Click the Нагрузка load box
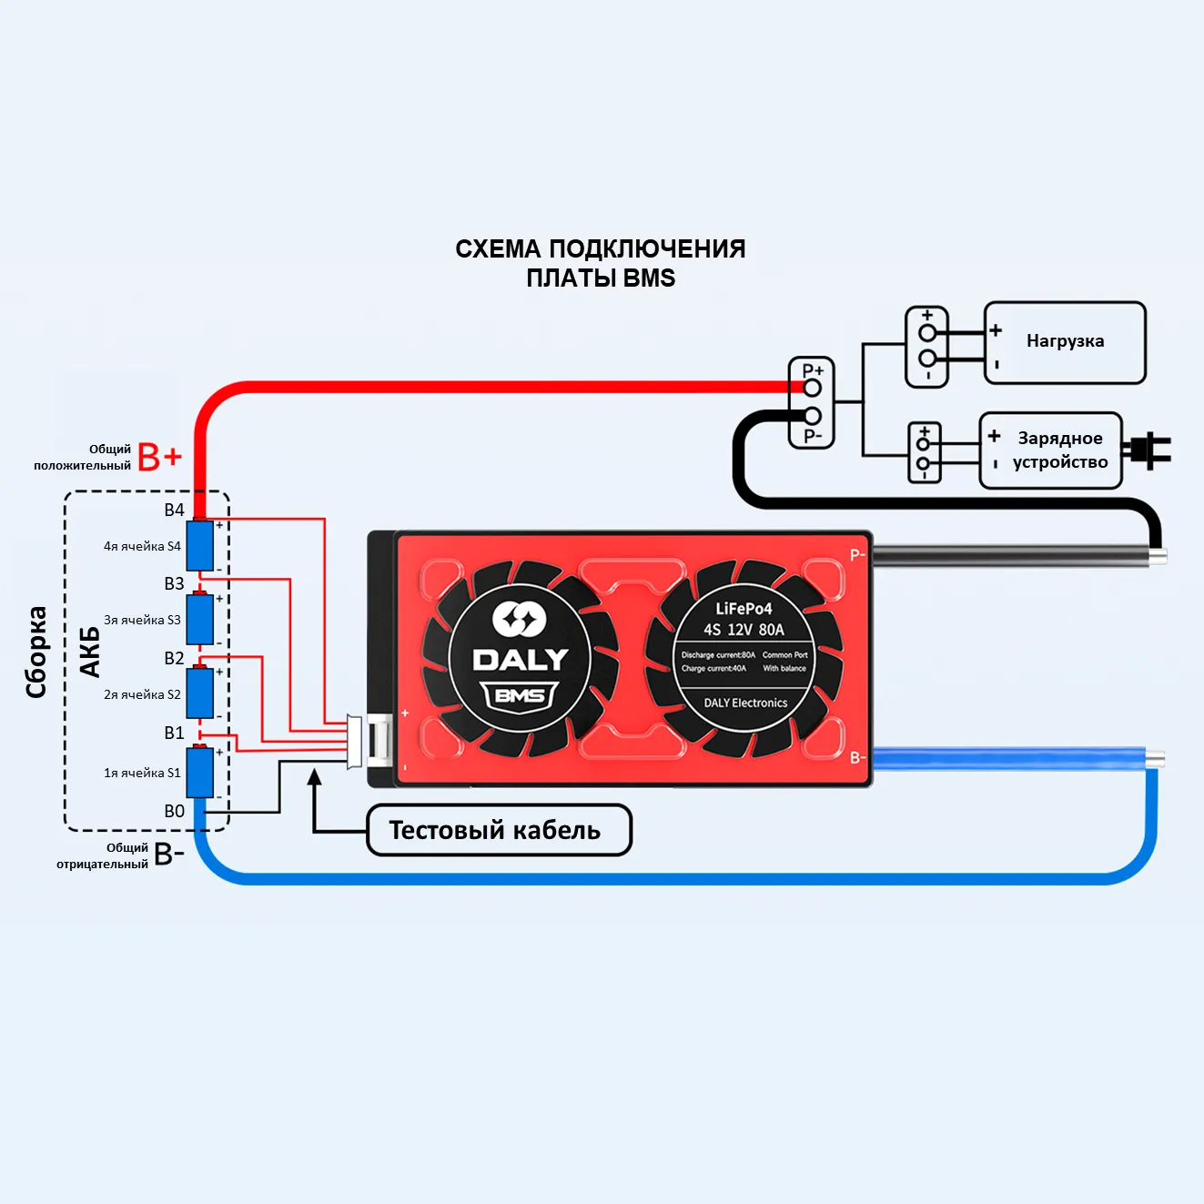1065,343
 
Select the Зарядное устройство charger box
1050,450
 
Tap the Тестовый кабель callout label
498,830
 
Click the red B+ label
160,457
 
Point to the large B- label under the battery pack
169,855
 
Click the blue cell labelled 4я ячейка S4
200,546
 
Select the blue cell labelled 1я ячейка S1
200,773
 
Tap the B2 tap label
174,658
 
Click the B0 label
174,811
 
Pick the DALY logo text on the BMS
520,660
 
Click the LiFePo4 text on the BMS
744,609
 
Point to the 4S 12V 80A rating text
744,630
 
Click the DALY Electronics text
745,703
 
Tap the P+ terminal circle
812,389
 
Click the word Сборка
36,652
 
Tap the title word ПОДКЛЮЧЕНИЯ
647,249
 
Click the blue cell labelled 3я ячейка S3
200,620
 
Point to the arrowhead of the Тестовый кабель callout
315,776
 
